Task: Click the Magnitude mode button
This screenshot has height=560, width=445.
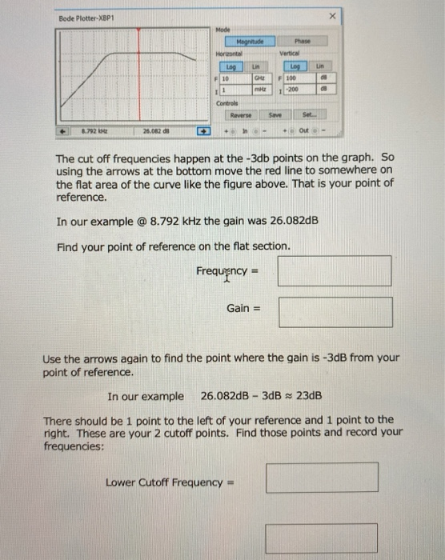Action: pos(249,42)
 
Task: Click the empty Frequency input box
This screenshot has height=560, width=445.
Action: pos(335,270)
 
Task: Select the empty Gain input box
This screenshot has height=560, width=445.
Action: pos(335,312)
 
